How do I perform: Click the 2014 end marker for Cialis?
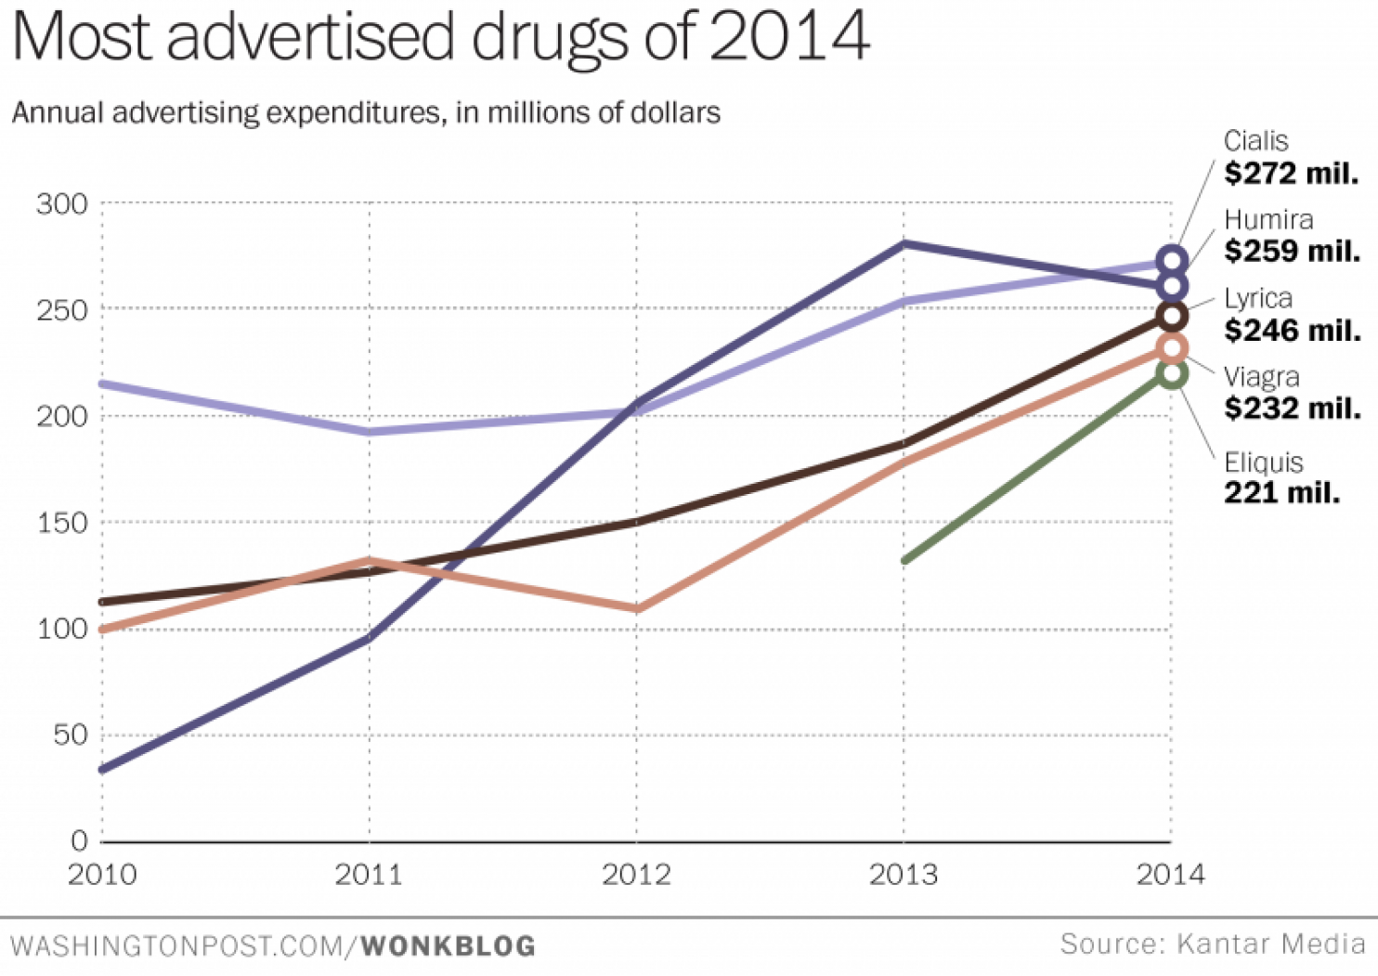[x=1172, y=261]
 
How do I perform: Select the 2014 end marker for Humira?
[x=1172, y=286]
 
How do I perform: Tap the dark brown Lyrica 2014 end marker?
[x=1172, y=316]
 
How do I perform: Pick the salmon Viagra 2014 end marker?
[x=1172, y=348]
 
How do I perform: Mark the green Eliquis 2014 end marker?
[x=1172, y=374]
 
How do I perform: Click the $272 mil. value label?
[x=1291, y=174]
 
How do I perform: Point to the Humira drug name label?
[x=1268, y=220]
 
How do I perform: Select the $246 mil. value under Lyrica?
[x=1292, y=330]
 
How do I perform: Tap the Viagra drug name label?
[x=1261, y=377]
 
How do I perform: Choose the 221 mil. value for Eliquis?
[x=1281, y=493]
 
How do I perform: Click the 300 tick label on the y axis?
[x=62, y=204]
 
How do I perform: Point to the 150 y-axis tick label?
[x=62, y=523]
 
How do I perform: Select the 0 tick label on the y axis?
[x=79, y=841]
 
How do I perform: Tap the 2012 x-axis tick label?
[x=636, y=875]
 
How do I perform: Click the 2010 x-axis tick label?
[x=102, y=875]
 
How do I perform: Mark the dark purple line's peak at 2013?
[x=903, y=244]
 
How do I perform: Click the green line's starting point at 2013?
[x=904, y=560]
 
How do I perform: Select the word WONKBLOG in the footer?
[x=448, y=946]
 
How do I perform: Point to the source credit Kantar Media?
[x=1270, y=944]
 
